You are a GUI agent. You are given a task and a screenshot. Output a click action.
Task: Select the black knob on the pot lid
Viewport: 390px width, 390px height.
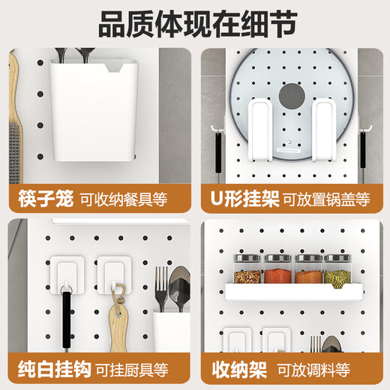(x=289, y=97)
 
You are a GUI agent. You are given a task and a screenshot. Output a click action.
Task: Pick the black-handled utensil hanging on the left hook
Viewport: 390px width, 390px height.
(x=66, y=315)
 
